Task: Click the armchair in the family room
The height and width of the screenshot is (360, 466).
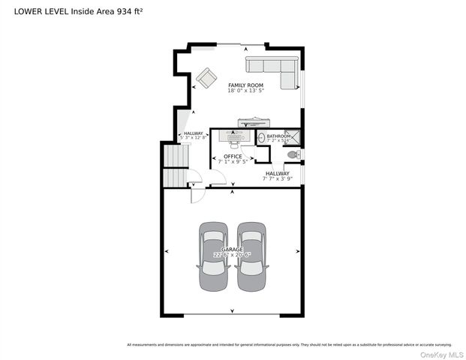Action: (205, 76)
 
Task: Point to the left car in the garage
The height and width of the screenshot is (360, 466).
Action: (213, 256)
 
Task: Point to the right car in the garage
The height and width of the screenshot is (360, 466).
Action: (251, 256)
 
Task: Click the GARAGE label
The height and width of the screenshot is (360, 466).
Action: (232, 248)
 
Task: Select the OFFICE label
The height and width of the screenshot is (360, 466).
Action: (233, 156)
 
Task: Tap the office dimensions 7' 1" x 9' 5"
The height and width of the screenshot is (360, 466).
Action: (233, 161)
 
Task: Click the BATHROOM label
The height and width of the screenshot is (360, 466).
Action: (278, 135)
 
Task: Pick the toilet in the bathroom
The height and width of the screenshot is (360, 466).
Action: (293, 154)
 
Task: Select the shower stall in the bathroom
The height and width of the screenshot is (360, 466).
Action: (294, 136)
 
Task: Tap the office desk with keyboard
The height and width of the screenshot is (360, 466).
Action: (238, 136)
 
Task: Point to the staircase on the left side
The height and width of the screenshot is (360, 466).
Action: (174, 166)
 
